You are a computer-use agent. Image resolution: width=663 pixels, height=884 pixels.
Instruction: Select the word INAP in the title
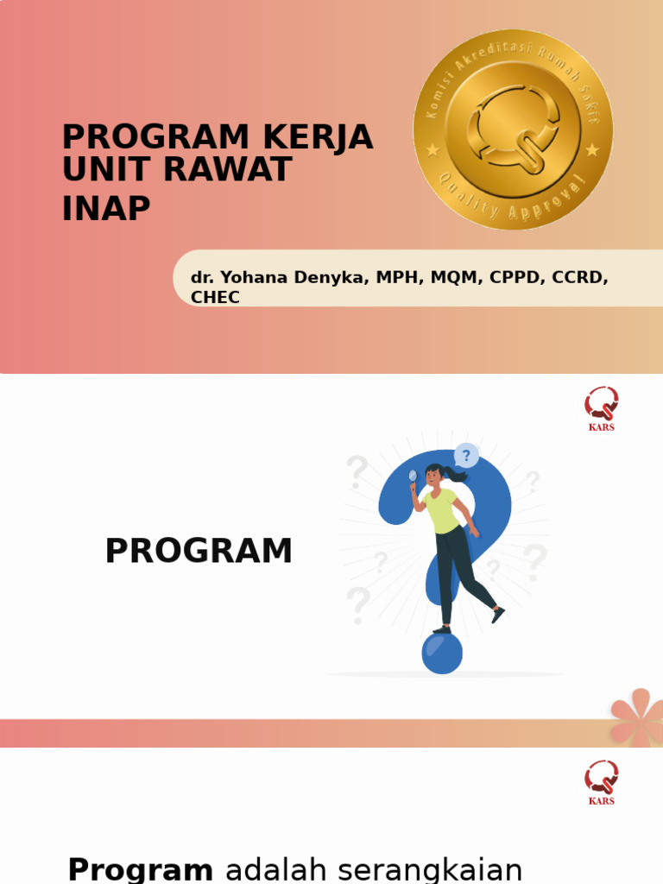106,208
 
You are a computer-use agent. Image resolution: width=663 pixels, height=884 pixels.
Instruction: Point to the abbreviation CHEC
215,298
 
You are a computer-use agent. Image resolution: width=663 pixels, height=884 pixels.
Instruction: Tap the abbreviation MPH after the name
395,277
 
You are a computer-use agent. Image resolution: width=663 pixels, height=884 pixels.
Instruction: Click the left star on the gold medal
433,150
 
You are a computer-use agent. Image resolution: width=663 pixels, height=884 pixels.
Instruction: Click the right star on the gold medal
592,150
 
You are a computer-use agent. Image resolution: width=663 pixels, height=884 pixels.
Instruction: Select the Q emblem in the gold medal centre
513,129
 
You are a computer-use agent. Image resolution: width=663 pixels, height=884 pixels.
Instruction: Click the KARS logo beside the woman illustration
602,408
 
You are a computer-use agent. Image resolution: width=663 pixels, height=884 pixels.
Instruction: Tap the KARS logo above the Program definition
602,782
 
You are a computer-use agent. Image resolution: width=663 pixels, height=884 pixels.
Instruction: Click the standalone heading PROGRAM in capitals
199,552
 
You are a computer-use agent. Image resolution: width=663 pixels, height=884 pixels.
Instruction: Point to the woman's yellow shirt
441,510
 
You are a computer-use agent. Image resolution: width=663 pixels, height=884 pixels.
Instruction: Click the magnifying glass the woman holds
413,476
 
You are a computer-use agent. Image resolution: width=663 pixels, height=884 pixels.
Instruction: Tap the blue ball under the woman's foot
442,654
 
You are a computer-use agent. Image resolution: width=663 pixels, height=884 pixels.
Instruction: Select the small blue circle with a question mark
466,455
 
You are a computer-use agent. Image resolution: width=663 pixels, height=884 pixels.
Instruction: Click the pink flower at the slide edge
640,716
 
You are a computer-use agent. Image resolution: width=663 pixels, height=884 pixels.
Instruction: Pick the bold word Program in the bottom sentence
140,869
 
